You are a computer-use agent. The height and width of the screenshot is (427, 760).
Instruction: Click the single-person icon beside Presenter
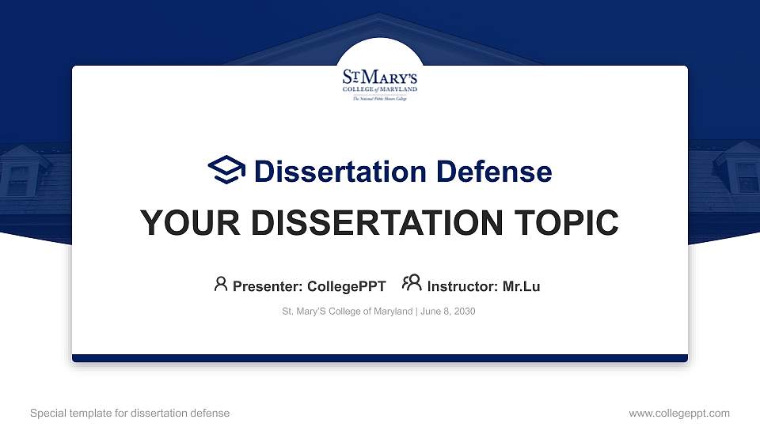click(x=221, y=284)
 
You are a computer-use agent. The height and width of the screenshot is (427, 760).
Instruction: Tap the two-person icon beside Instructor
click(x=412, y=283)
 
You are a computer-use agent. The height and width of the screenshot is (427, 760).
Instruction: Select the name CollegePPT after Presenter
click(x=346, y=286)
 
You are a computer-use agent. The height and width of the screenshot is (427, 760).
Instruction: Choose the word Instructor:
click(x=463, y=286)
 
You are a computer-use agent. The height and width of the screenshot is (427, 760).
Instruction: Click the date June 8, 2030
click(x=448, y=312)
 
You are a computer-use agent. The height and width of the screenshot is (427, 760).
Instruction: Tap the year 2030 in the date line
click(x=465, y=312)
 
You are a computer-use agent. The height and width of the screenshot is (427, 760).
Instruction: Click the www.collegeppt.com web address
click(x=678, y=413)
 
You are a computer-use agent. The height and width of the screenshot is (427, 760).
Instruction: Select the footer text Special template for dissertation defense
click(x=130, y=413)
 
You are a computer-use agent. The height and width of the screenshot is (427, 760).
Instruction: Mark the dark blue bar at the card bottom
click(x=380, y=358)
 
